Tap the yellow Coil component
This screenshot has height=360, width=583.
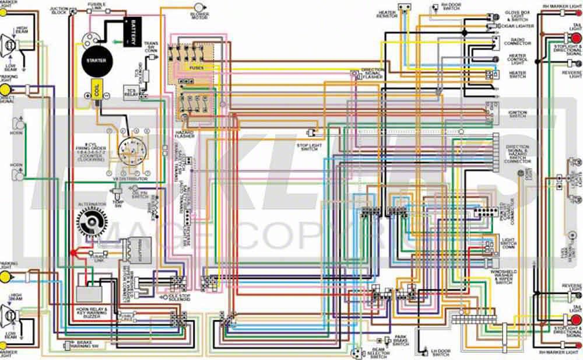[x=94, y=90]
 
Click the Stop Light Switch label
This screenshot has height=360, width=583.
[x=307, y=147]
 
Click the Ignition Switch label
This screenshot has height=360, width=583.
[x=517, y=114]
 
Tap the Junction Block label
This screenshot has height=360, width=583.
[x=58, y=10]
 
